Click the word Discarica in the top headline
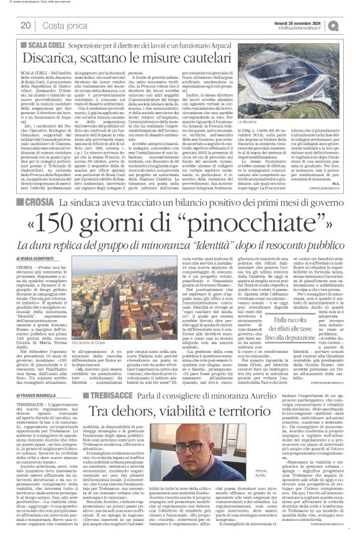click(x=53, y=57)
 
